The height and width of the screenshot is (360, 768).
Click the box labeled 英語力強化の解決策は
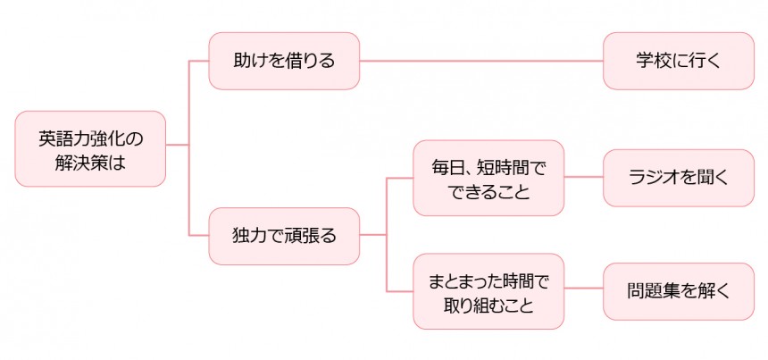90,148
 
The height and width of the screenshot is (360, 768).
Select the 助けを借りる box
284,62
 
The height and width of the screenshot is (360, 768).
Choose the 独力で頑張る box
284,236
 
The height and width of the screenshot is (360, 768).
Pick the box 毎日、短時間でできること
488,178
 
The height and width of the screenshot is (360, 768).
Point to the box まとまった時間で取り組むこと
488,292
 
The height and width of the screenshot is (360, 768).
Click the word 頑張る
308,236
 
